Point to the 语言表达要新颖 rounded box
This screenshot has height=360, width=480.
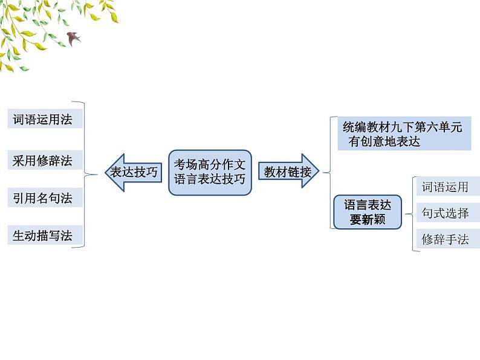[x=367, y=212]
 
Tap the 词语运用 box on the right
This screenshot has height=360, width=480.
[x=445, y=187]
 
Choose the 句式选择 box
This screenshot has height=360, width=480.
[x=445, y=213]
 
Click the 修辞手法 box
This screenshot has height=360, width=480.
[x=445, y=239]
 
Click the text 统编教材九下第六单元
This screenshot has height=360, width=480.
[x=402, y=127]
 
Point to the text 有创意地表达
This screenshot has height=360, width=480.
[x=384, y=142]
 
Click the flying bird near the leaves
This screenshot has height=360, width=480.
[x=74, y=37]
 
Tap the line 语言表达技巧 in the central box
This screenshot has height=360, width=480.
[x=209, y=179]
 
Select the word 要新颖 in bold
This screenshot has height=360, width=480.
[x=367, y=220]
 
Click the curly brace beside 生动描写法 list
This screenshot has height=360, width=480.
[x=91, y=175]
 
